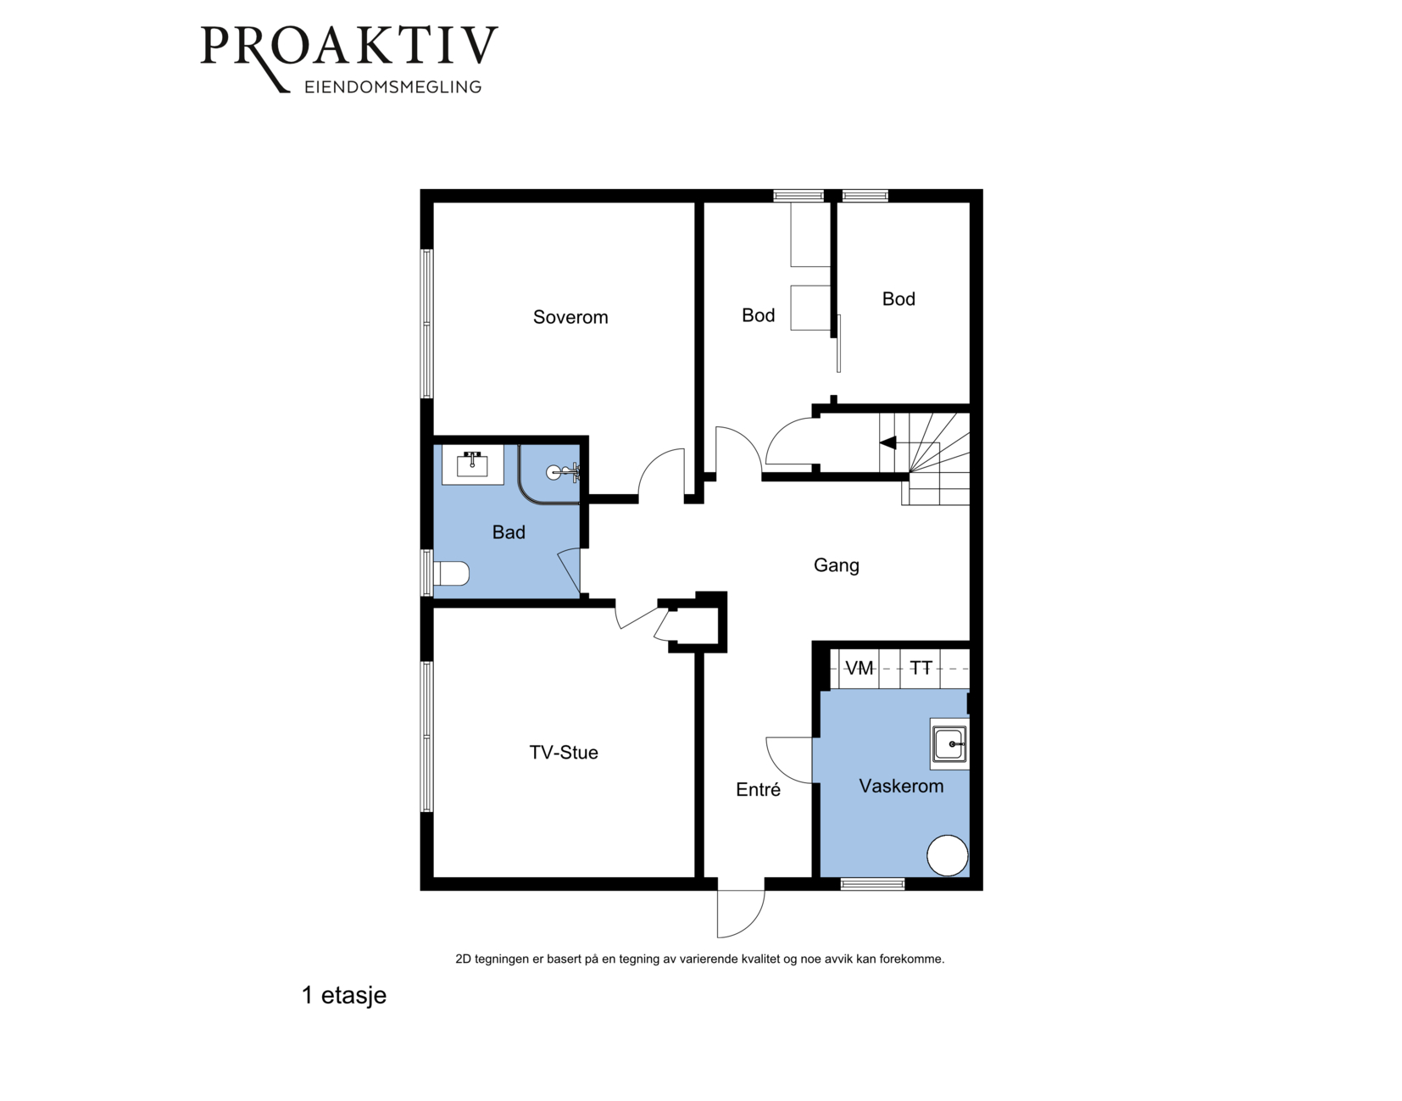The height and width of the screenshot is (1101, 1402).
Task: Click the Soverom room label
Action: tap(570, 317)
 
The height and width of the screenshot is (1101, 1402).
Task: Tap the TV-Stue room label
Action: tap(563, 752)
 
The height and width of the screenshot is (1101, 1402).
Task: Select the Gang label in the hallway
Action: tap(836, 565)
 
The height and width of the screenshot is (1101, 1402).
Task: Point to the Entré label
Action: tap(758, 789)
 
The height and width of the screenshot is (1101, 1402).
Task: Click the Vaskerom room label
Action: tap(901, 786)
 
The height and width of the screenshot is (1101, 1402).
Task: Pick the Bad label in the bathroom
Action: tap(509, 532)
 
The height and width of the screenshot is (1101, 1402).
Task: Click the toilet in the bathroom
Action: tap(450, 574)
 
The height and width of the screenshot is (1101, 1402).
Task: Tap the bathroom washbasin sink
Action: tap(472, 464)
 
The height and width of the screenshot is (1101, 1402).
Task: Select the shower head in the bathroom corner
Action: tap(563, 472)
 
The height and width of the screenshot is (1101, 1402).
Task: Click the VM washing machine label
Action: tap(859, 668)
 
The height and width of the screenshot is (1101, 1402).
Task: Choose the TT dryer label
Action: tap(921, 668)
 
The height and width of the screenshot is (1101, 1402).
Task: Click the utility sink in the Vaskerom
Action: tap(949, 743)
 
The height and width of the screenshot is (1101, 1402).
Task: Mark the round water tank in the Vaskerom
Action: tap(947, 855)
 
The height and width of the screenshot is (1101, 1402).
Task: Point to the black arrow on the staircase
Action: tap(888, 443)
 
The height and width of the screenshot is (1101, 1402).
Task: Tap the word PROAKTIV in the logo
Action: tap(349, 46)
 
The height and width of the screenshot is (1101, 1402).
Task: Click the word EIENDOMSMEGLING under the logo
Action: tap(393, 87)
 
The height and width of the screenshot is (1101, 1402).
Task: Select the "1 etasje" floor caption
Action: tap(344, 995)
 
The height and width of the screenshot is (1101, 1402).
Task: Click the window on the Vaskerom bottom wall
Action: tap(872, 884)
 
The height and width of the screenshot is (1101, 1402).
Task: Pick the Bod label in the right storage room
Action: tap(899, 298)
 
